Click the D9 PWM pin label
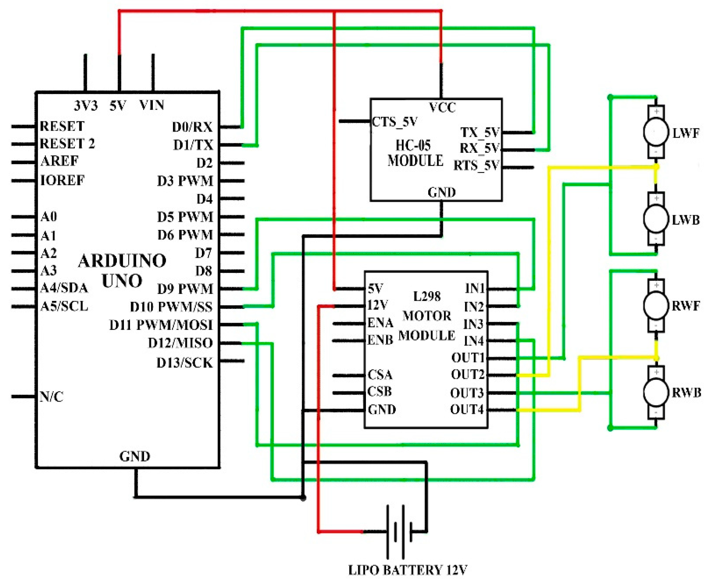point(185,289)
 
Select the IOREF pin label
point(62,181)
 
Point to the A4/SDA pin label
point(64,288)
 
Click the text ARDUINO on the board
point(122,261)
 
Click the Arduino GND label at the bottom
point(134,457)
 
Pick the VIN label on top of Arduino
point(152,106)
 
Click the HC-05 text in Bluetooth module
point(413,145)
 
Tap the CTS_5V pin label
point(395,121)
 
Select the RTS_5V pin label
point(476,166)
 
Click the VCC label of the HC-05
point(442,108)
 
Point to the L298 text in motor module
point(427,296)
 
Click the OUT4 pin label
point(467,410)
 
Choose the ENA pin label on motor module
point(380,323)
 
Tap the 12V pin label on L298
point(377,305)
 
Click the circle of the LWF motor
point(655,132)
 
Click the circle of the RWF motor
point(655,306)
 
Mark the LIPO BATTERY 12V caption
point(407,570)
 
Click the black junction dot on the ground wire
point(303,498)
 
